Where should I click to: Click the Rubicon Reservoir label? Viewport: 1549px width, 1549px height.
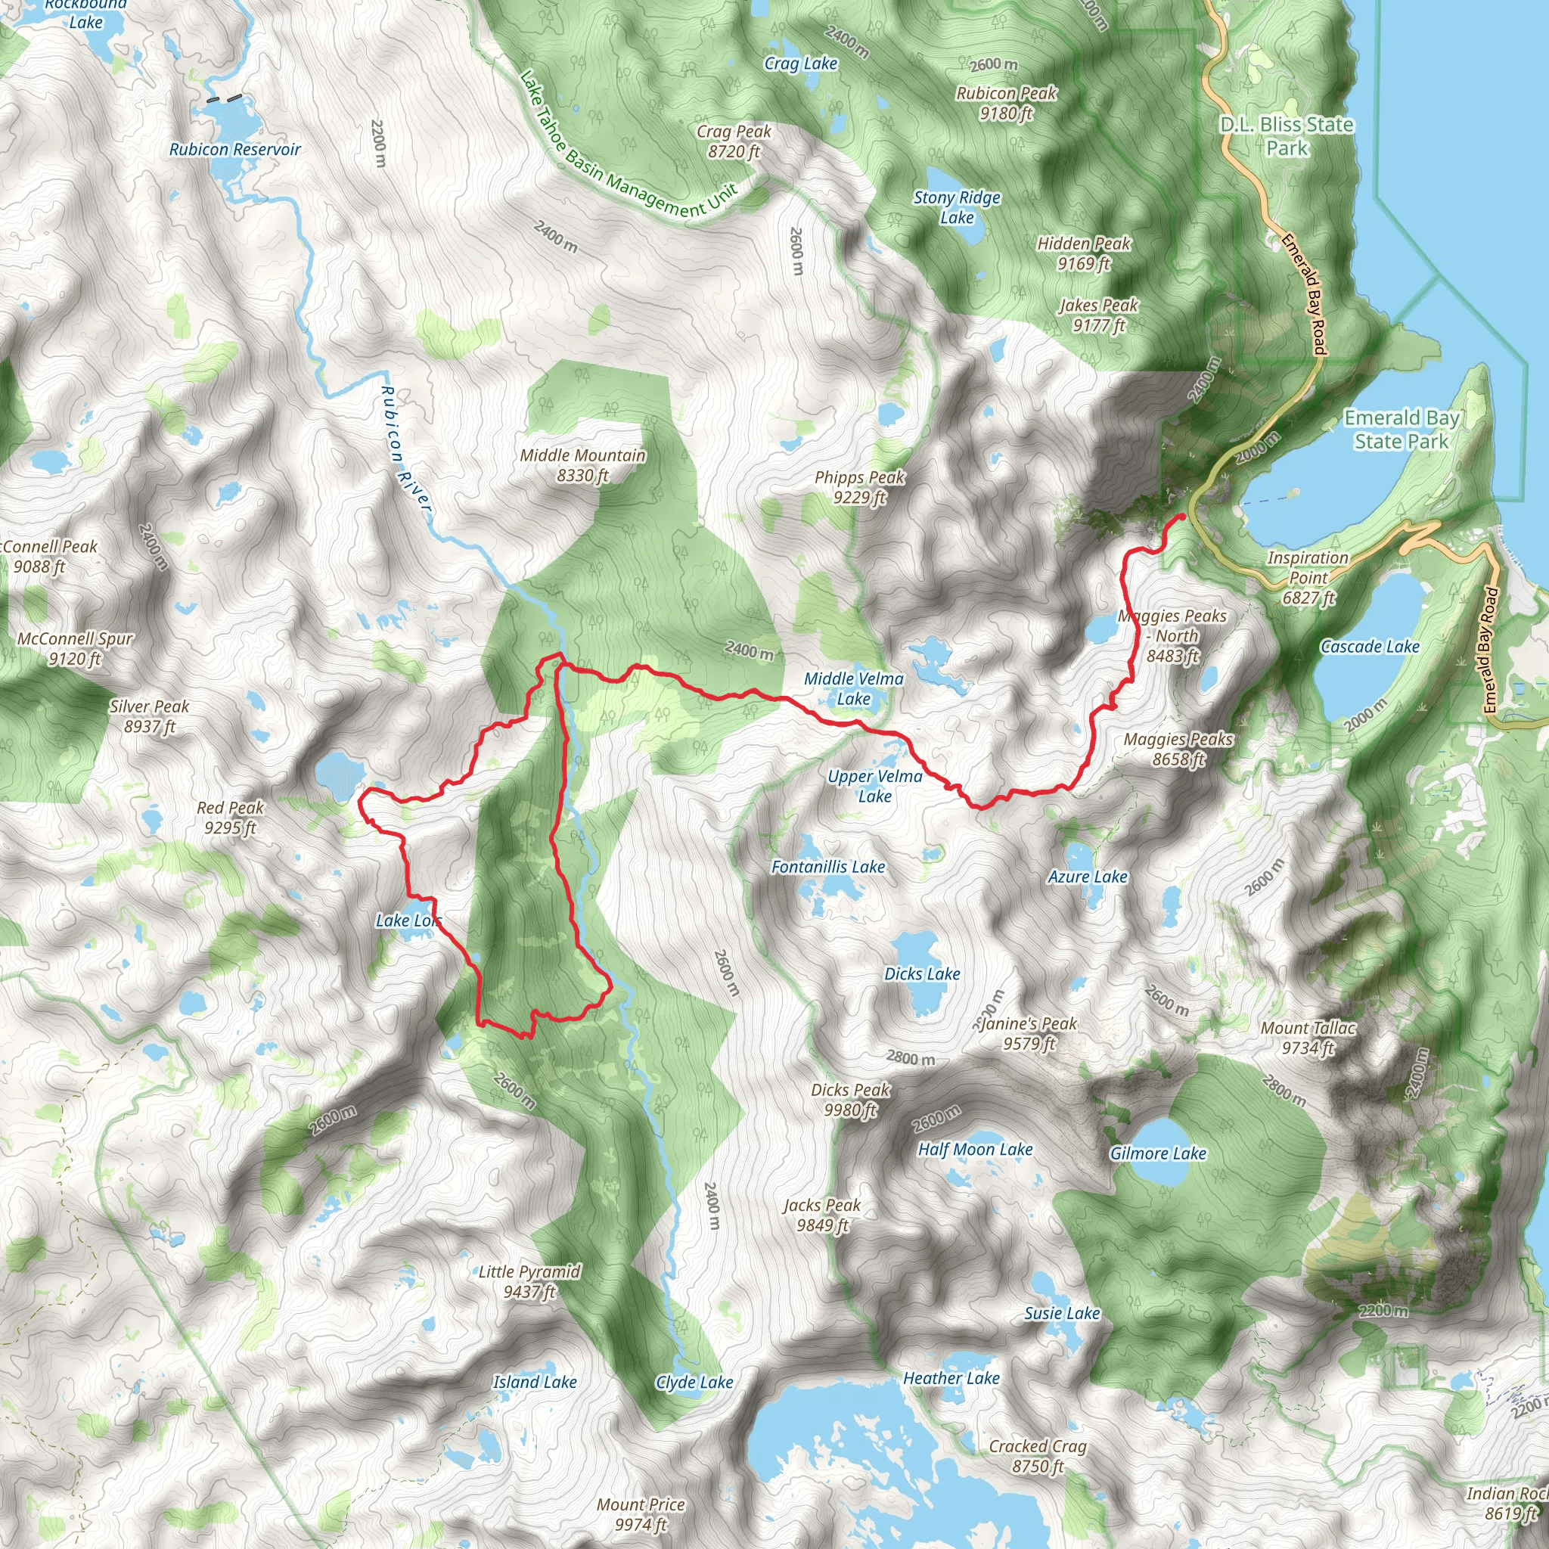coord(235,150)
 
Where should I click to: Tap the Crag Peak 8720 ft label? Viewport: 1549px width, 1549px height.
coord(734,141)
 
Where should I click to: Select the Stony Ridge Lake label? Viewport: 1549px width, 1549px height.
coord(958,208)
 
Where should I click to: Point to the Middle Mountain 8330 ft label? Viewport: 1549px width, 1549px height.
coord(583,465)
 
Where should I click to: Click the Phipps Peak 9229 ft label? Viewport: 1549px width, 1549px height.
coord(859,486)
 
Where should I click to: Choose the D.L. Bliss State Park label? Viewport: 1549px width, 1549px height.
coord(1287,136)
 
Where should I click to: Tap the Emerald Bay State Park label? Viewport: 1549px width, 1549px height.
coord(1402,430)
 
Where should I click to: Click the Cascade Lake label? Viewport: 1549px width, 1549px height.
coord(1371,647)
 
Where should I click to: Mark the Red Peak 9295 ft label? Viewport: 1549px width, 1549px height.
coord(230,817)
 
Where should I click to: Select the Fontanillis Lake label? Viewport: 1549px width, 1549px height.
coord(828,867)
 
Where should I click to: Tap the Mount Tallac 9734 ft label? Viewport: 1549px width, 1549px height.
coord(1308,1038)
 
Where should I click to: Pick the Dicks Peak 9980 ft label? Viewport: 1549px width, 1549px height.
coord(851,1099)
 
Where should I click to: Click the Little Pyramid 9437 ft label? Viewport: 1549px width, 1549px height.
coord(529,1281)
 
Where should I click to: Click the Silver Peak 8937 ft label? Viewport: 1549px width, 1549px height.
coord(150,716)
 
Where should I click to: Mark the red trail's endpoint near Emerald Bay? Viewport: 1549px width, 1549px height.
coord(1182,517)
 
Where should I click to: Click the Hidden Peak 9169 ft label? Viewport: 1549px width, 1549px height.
coord(1084,253)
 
